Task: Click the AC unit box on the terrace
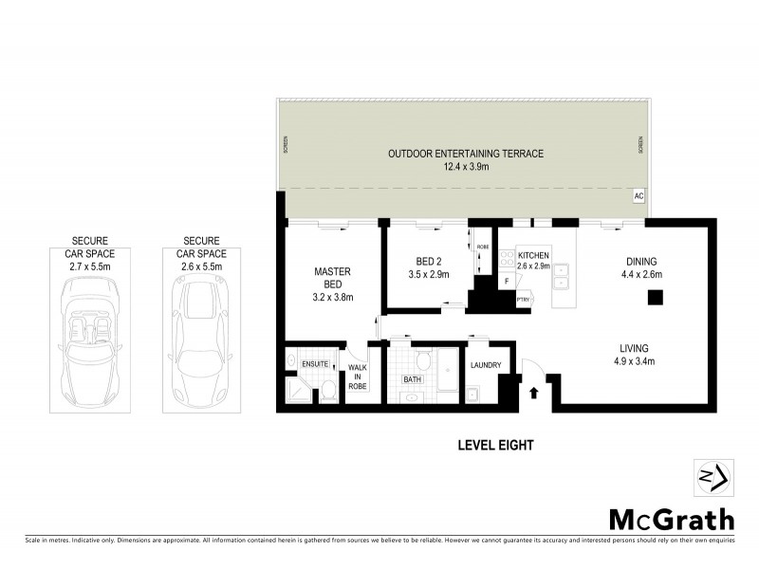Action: pos(639,194)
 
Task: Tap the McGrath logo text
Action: pos(671,519)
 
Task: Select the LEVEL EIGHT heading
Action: pos(496,445)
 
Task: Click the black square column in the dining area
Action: pos(654,297)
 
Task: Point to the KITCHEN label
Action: pos(533,256)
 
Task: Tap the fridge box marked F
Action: pos(508,281)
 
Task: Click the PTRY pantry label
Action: pos(523,302)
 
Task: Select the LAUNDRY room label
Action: pos(485,364)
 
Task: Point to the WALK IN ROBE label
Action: pos(358,378)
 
